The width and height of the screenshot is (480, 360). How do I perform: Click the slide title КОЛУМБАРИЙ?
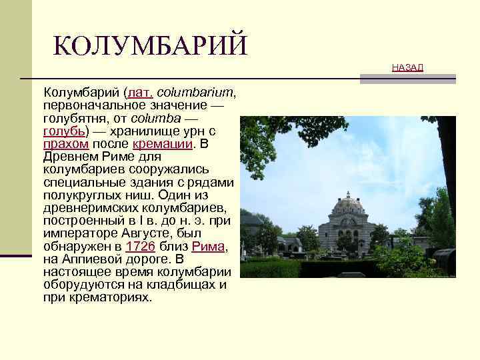tap(149, 45)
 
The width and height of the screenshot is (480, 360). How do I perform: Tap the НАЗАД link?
tap(407, 67)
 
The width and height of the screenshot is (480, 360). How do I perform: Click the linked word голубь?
tap(63, 131)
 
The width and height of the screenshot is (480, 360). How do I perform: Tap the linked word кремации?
tap(163, 143)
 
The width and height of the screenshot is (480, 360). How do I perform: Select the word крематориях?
tap(109, 297)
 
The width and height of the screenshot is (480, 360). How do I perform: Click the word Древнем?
tap(70, 156)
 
